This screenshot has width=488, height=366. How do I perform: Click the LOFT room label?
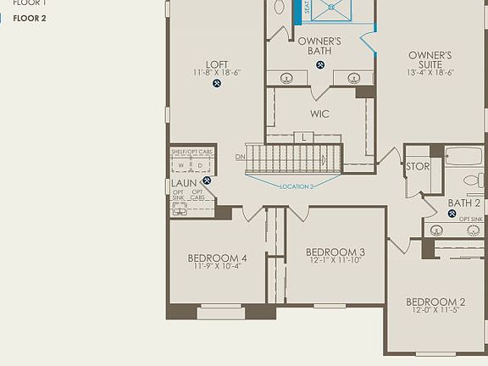[217, 64]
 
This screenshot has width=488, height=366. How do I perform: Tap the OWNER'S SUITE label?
[430, 55]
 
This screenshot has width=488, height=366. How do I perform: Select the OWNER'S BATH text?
[319, 46]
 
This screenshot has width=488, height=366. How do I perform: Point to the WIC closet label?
[319, 114]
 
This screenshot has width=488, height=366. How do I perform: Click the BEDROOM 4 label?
[218, 258]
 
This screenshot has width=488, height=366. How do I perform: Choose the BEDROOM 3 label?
[335, 252]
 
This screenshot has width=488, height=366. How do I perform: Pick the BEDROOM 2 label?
[435, 302]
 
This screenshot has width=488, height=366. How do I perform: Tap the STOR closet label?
[418, 166]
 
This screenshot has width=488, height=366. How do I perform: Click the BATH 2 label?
[464, 202]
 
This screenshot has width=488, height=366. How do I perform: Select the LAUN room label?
[184, 183]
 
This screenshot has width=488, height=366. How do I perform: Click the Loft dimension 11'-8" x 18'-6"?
[217, 73]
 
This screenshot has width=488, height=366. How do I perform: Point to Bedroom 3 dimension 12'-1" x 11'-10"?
[335, 260]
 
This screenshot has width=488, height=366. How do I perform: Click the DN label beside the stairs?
[240, 157]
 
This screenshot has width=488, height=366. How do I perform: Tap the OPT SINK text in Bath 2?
[470, 219]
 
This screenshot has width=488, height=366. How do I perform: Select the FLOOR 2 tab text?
[29, 18]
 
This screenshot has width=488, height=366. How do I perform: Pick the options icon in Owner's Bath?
[319, 64]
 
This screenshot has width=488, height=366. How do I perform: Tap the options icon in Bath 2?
[452, 213]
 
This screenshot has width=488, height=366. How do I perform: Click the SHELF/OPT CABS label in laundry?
[191, 152]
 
